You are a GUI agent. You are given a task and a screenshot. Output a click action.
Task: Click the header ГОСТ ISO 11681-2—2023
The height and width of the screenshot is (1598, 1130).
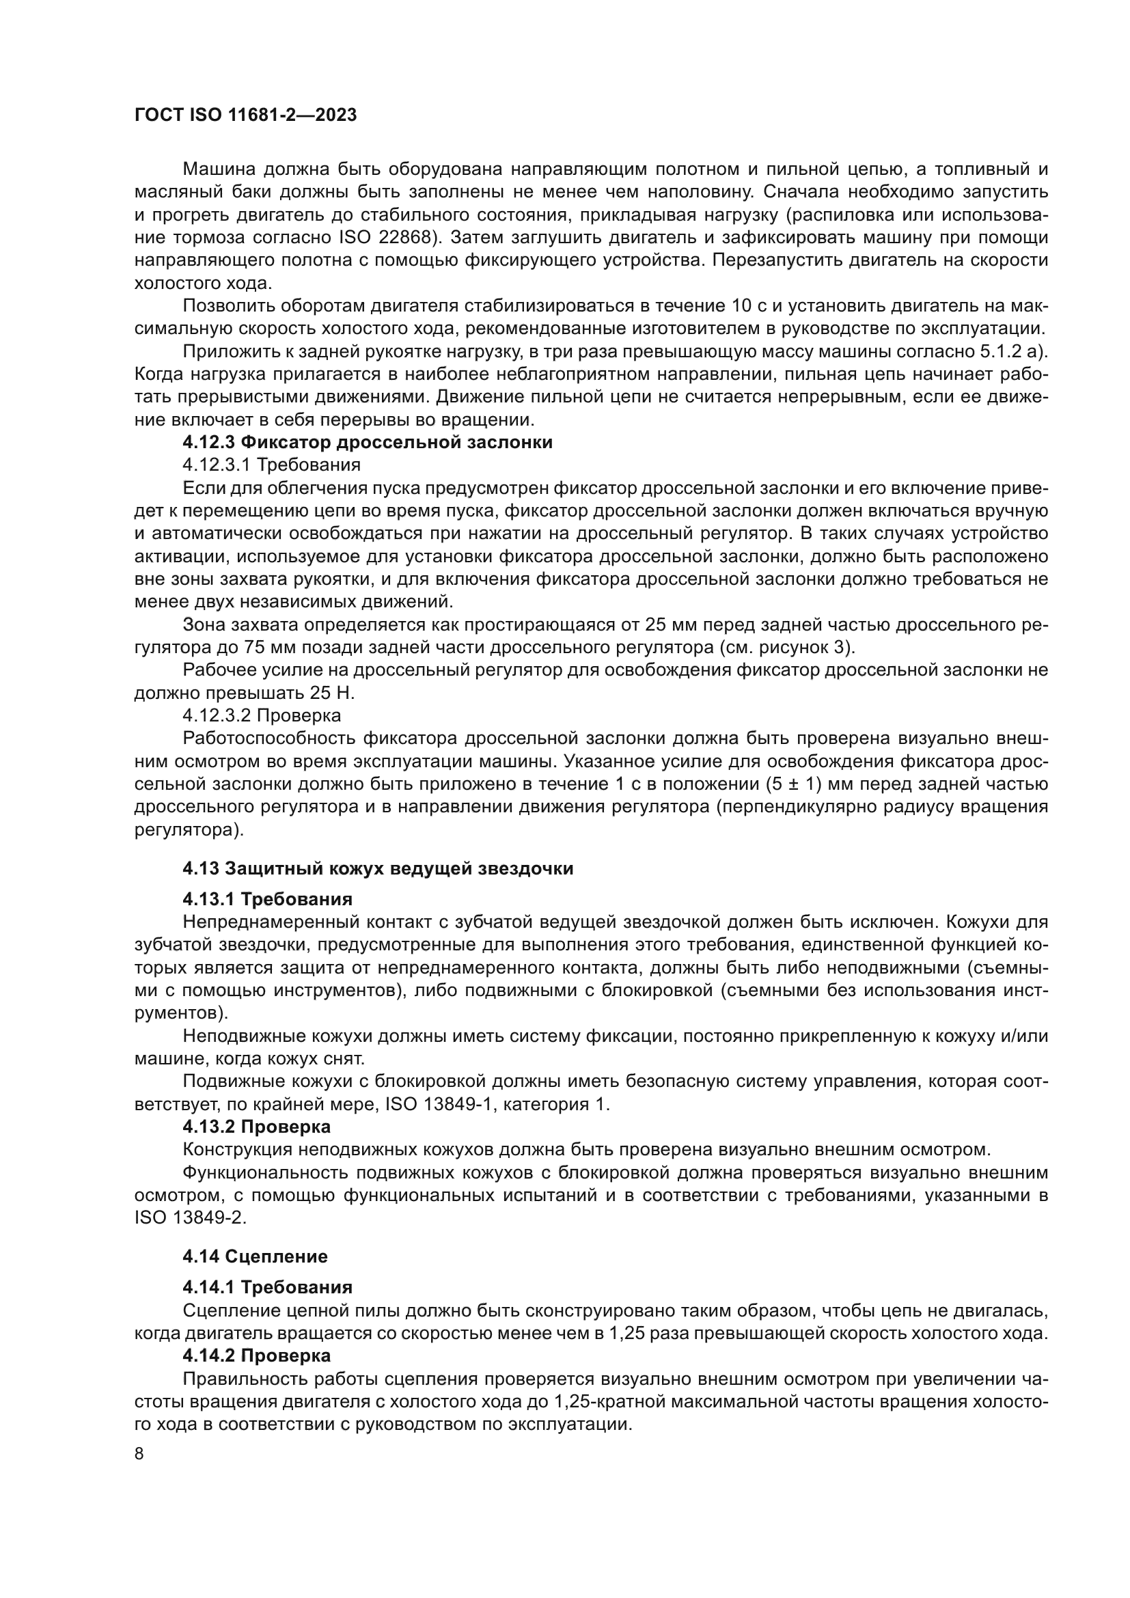click(245, 115)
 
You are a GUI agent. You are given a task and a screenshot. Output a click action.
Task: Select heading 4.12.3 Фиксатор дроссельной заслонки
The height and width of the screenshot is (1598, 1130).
click(368, 443)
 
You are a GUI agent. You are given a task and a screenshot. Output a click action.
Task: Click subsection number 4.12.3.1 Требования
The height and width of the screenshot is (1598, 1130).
click(271, 465)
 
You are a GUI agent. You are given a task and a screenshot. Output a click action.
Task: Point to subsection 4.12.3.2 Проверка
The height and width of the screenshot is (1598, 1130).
click(262, 715)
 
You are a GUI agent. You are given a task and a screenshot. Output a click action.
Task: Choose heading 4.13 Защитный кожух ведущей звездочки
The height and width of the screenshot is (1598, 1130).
click(378, 869)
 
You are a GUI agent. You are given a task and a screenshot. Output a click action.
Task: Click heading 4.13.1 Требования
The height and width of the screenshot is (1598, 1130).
click(267, 899)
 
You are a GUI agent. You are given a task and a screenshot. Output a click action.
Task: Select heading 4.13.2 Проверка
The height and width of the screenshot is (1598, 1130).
click(256, 1127)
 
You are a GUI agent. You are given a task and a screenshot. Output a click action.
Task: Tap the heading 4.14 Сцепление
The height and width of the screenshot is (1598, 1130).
click(255, 1257)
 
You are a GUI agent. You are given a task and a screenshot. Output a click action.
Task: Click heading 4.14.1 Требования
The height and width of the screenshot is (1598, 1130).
click(267, 1287)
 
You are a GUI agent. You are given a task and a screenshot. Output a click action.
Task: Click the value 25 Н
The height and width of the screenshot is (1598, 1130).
click(330, 693)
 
